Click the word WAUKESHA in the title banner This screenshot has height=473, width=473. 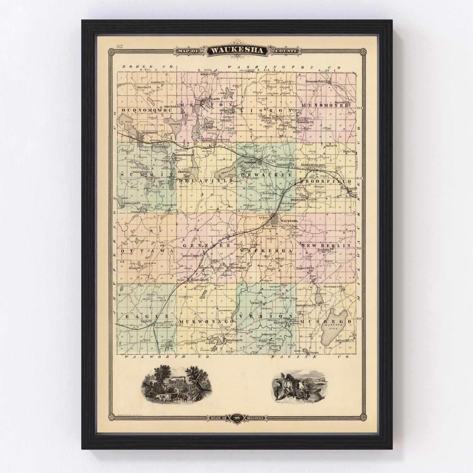(237, 50)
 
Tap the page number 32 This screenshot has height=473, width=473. (120, 47)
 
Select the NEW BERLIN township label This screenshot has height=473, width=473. (327, 245)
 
